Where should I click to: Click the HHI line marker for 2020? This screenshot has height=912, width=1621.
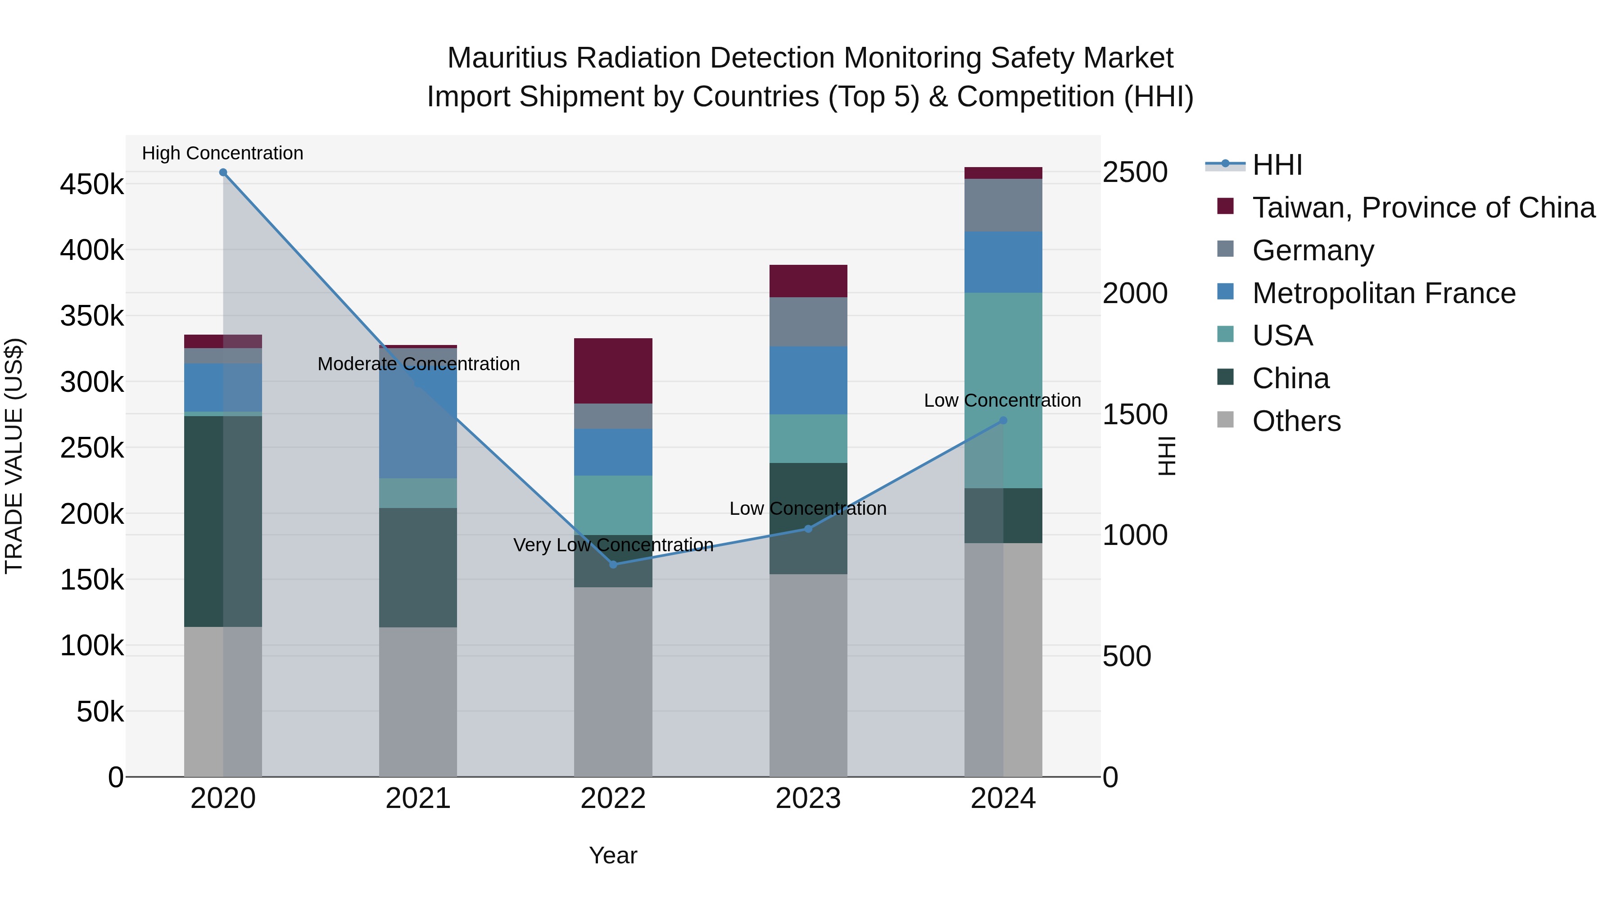click(223, 172)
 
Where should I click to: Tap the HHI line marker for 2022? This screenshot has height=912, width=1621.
click(614, 564)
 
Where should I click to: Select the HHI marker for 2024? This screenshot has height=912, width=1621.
click(1003, 421)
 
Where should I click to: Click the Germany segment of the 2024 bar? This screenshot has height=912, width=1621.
click(1003, 205)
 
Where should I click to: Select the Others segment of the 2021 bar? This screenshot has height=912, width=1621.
click(418, 701)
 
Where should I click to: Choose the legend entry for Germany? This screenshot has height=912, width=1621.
click(1313, 250)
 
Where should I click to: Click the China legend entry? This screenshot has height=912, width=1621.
click(1290, 378)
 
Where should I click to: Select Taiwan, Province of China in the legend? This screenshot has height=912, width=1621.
click(1423, 208)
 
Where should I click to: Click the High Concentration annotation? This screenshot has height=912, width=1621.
click(223, 153)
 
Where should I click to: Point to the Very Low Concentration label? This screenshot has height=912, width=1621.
click(614, 544)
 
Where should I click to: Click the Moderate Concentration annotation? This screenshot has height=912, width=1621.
click(418, 364)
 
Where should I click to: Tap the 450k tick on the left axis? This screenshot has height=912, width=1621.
click(92, 185)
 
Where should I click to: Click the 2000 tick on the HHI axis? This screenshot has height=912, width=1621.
click(1135, 293)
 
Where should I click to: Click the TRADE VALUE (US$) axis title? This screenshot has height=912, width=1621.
click(14, 456)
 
